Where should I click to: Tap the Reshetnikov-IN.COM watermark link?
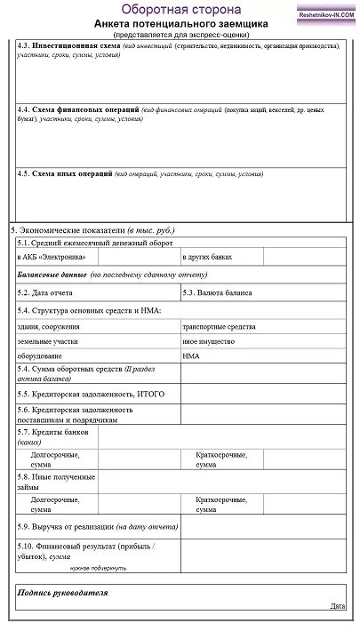pos(325,14)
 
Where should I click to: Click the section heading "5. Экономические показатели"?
pos(67,229)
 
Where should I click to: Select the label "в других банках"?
pos(207,257)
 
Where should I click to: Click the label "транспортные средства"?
pos(217,326)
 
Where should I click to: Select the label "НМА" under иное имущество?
pos(191,355)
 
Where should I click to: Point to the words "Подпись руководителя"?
pos(62,591)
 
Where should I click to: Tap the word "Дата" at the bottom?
pos(337,605)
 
